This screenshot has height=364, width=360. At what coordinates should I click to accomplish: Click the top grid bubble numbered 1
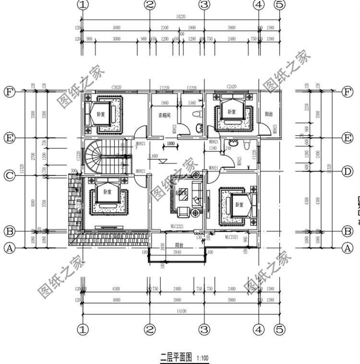[x=84, y=5]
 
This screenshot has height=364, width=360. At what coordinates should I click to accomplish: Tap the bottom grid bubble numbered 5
[x=279, y=329]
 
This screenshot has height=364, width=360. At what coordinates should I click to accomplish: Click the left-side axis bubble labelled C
[x=9, y=176]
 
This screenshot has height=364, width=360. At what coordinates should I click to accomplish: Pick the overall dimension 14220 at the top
[x=180, y=16]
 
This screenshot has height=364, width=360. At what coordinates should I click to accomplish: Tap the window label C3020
[x=116, y=88]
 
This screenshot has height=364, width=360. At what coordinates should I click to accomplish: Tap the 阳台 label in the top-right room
[x=269, y=114]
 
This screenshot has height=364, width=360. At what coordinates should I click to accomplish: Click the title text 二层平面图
[x=176, y=357]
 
